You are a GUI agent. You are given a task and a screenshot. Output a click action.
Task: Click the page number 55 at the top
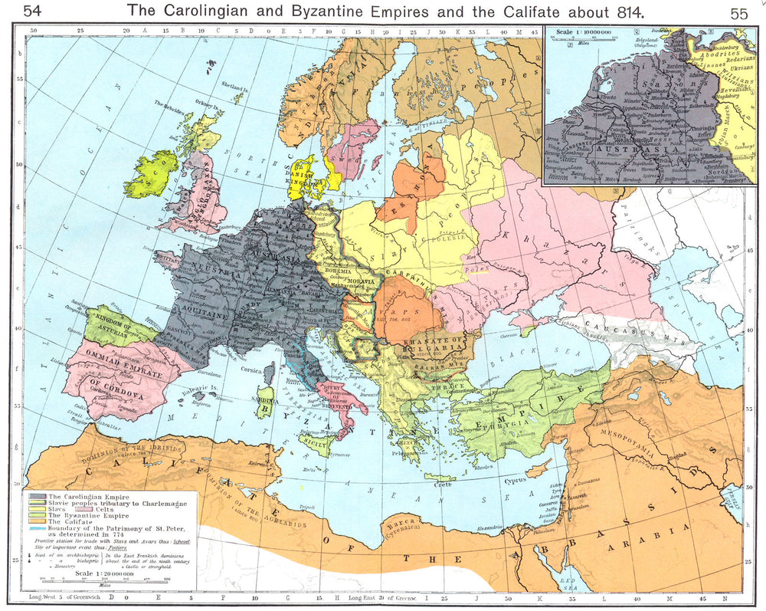[x=739, y=12]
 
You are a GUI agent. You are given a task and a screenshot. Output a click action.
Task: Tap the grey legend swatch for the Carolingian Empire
[x=36, y=498]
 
